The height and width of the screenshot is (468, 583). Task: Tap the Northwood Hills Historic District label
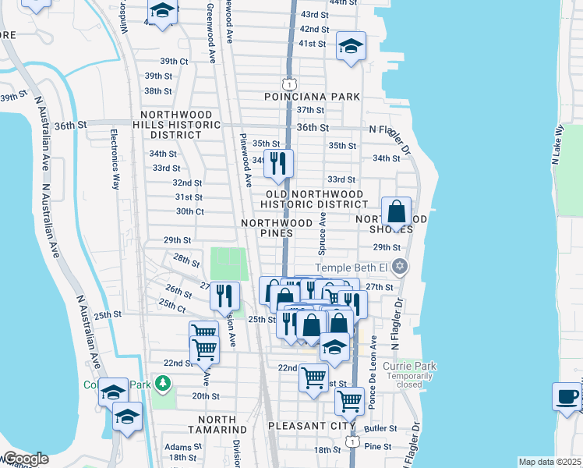tap(176, 124)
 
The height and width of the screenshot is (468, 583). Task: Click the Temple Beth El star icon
tap(400, 268)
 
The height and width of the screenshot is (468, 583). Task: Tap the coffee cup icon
tap(567, 396)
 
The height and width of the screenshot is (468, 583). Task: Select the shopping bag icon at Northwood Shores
tap(397, 211)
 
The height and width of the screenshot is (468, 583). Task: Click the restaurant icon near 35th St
tap(277, 164)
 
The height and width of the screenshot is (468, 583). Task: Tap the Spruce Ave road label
tap(321, 237)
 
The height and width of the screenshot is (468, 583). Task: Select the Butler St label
tap(380, 429)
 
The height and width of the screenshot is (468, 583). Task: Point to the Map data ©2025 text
tap(549, 462)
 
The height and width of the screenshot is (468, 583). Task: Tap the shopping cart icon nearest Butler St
tap(349, 402)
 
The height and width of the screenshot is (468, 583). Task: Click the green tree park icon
tap(162, 383)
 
